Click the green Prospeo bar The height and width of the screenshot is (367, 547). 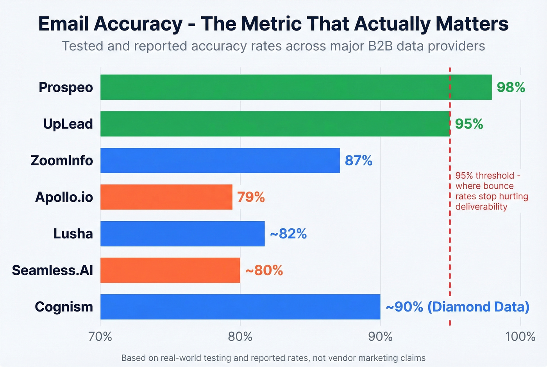pyautogui.click(x=296, y=87)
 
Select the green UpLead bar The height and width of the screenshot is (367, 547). pyautogui.click(x=275, y=124)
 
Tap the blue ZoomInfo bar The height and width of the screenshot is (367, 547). pyautogui.click(x=220, y=160)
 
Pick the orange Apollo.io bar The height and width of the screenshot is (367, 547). pyautogui.click(x=166, y=197)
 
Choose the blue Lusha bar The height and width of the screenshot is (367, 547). pyautogui.click(x=182, y=234)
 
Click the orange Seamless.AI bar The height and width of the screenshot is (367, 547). pyautogui.click(x=170, y=270)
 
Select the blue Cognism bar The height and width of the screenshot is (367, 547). pyautogui.click(x=240, y=307)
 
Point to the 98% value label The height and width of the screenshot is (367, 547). pyautogui.click(x=511, y=87)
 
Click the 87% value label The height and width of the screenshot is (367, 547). pyautogui.click(x=358, y=160)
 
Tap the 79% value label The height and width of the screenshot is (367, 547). pyautogui.click(x=251, y=197)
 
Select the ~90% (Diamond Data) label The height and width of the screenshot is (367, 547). pyautogui.click(x=457, y=307)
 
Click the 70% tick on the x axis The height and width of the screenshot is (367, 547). pyautogui.click(x=100, y=337)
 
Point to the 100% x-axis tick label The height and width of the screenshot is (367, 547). pyautogui.click(x=520, y=337)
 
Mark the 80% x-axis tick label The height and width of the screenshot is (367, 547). pyautogui.click(x=240, y=337)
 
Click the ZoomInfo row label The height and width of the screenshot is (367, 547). pyautogui.click(x=62, y=160)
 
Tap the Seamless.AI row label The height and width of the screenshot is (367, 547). pyautogui.click(x=52, y=270)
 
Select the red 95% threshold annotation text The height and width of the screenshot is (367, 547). pyautogui.click(x=491, y=191)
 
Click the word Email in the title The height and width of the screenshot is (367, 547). pyautogui.click(x=64, y=24)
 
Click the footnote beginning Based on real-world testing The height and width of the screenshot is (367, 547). pyautogui.click(x=273, y=358)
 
